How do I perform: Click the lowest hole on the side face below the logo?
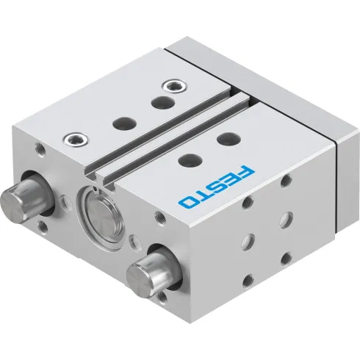[x=248, y=279]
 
